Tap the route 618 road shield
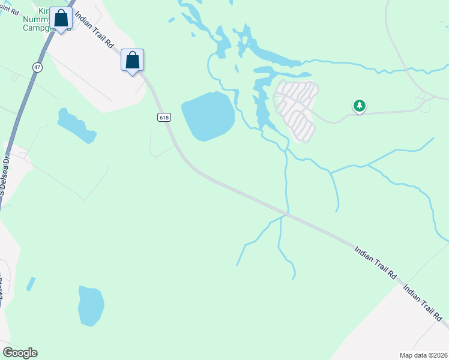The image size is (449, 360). click(164, 117)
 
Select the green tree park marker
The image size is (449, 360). click(359, 106)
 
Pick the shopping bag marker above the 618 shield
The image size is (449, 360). click(132, 60)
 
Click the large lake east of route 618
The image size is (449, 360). click(208, 116)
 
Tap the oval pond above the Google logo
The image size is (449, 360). click(91, 305)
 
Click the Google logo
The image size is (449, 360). click(20, 353)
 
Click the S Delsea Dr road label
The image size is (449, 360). click(5, 175)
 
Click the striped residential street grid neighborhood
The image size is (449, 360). click(296, 110)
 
